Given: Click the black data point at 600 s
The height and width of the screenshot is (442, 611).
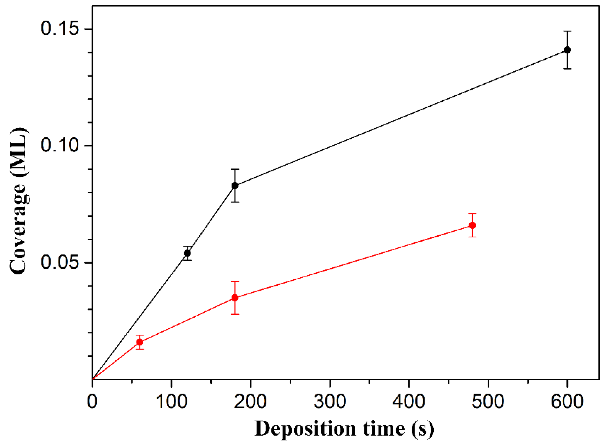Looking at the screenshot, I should pos(567,50).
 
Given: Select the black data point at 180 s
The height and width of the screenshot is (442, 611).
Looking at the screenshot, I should pos(235,186).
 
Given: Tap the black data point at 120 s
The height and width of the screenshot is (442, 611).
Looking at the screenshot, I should pos(187,253).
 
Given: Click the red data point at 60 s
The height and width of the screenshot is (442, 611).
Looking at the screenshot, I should pos(140,342).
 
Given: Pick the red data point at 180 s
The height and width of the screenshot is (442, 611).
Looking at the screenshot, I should pos(235,298).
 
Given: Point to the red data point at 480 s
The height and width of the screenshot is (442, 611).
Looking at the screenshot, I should pos(472,225).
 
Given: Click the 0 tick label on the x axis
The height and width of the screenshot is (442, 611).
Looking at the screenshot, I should pos(92,401).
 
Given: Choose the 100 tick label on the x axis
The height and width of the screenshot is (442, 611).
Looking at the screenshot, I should pos(171,401).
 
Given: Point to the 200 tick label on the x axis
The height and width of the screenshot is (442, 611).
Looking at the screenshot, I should pos(250,401).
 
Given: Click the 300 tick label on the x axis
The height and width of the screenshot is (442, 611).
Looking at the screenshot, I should pos(330,401).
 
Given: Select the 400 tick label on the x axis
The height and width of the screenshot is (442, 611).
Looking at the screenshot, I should pos(409,401).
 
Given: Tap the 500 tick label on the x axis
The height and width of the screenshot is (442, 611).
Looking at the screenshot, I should pos(488,401).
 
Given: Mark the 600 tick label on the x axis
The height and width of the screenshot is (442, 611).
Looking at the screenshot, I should pos(567,401).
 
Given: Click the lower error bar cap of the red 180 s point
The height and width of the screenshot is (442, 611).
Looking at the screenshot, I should pos(235,314).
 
